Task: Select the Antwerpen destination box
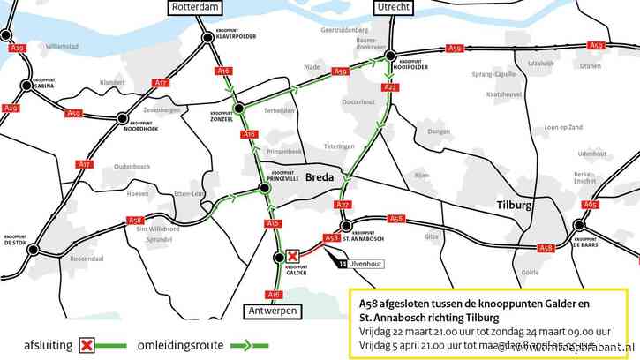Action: point(273,311)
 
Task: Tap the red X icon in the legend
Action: point(87,345)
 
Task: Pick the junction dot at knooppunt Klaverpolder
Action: point(208,37)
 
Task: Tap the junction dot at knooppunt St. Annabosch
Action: point(347,226)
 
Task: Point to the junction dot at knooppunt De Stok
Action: point(33,250)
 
